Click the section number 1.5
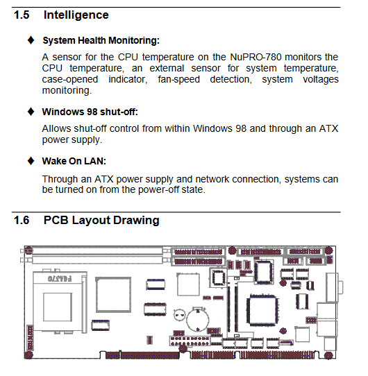22,15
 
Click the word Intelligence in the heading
76,15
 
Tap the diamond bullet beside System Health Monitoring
31,40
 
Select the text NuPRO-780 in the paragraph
256,57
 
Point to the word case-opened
70,79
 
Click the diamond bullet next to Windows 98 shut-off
31,112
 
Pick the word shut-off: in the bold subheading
119,112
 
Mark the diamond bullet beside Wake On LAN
31,161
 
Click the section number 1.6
22,220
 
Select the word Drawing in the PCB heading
136,221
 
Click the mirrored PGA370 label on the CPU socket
60,279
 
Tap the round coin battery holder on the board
198,319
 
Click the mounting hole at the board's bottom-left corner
28,355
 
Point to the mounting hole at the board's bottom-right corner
328,355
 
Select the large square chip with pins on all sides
263,310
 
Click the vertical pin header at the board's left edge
30,337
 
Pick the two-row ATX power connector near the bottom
190,341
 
